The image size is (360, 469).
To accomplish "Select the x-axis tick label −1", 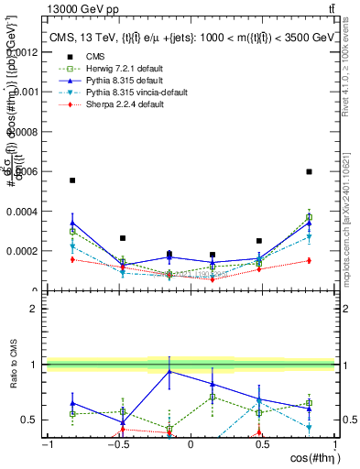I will (x=46, y=444).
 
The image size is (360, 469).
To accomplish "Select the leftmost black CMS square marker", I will (x=72, y=180).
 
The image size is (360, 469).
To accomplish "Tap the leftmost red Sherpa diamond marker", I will (x=72, y=259).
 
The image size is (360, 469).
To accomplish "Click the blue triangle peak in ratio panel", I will (x=169, y=371).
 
